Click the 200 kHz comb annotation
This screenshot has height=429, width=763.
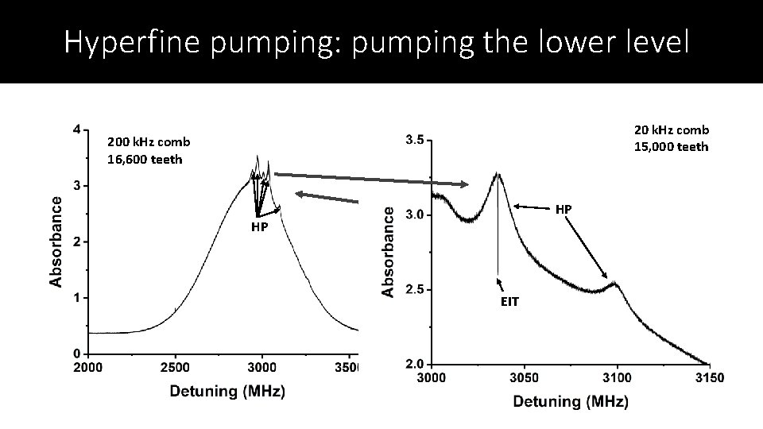pos(149,142)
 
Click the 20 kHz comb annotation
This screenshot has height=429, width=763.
pos(671,129)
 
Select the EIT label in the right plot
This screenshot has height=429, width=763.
pos(509,301)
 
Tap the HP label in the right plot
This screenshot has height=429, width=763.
pos(563,209)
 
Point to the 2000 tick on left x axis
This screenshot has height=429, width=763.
pos(87,367)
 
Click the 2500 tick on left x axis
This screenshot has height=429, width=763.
pos(175,367)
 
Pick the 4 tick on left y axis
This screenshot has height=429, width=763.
pos(76,129)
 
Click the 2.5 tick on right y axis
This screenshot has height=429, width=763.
pos(413,290)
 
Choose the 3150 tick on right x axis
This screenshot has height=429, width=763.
pos(708,378)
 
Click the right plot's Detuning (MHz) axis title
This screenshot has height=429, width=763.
pos(570,401)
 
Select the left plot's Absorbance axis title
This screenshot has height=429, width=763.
pos(56,242)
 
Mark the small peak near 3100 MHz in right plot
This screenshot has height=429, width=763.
pos(614,281)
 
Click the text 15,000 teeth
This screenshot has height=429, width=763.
pos(671,146)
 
